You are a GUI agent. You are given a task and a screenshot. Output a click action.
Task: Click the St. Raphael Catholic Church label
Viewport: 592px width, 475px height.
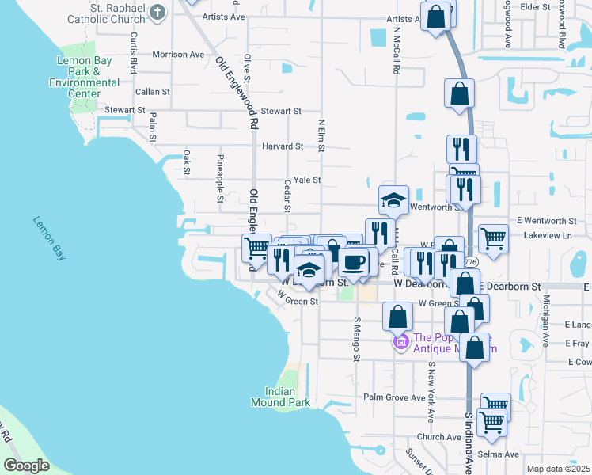tap(107, 13)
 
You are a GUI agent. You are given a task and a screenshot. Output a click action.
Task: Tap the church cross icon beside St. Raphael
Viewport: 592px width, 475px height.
tap(158, 12)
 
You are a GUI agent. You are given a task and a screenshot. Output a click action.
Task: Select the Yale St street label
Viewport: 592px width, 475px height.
tap(306, 180)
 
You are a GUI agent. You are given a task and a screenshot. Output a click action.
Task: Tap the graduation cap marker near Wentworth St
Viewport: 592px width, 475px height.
tap(393, 201)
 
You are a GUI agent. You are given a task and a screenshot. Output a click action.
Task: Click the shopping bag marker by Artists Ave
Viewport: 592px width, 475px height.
tap(435, 16)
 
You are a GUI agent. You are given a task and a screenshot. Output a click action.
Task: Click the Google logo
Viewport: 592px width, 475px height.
tap(26, 465)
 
